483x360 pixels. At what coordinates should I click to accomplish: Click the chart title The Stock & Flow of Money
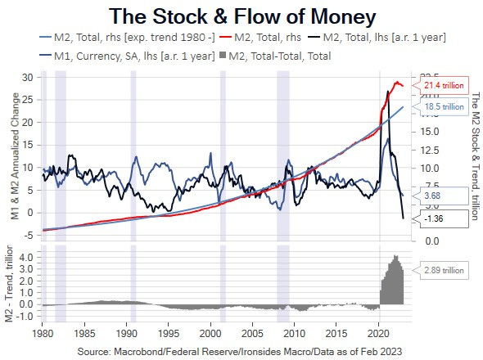coord(242,16)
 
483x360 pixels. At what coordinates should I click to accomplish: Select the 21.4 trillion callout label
coord(443,85)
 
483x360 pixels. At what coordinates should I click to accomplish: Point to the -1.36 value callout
coord(434,218)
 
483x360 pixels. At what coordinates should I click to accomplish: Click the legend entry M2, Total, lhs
coord(385,37)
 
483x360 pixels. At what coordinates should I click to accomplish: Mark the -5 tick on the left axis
coord(26,235)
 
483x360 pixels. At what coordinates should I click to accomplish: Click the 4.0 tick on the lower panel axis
coord(25,257)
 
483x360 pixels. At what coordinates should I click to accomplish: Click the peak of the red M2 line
coord(398,81)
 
